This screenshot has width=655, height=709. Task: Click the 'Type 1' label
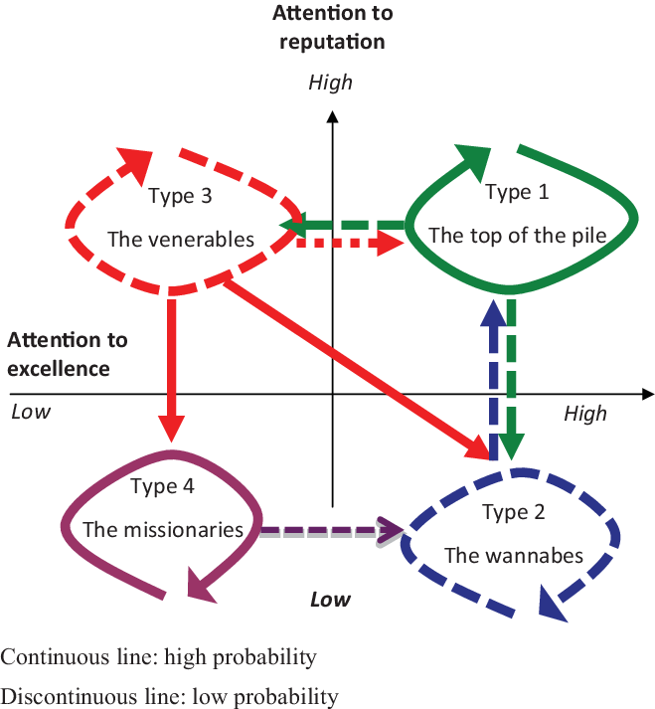click(x=517, y=192)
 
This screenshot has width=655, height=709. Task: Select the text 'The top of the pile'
click(x=517, y=236)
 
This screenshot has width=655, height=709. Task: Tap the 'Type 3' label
click(x=180, y=195)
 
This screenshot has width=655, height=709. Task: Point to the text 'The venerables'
click(x=181, y=240)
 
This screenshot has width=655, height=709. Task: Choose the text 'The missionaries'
click(x=163, y=529)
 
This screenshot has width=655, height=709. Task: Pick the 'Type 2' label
click(x=513, y=512)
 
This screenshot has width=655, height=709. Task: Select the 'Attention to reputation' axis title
click(x=331, y=27)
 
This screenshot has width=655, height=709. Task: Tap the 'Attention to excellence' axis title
click(x=68, y=354)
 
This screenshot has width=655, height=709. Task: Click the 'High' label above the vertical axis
click(x=330, y=82)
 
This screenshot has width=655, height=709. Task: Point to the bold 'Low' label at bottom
click(x=330, y=599)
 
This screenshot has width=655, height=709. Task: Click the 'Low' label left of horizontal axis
click(x=30, y=411)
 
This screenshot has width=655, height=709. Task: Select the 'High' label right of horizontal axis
click(x=584, y=412)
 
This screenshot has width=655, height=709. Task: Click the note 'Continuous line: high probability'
click(x=159, y=657)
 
